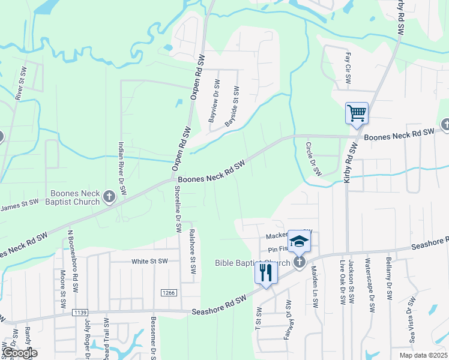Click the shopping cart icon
point(357,113)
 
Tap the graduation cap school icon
point(298,241)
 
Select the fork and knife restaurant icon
point(265,272)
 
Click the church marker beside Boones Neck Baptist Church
point(109,197)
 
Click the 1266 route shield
point(168,292)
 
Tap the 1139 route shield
point(79,313)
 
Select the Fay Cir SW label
point(348,67)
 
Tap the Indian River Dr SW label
point(122,168)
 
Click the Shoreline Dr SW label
point(178,208)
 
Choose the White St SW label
point(149,262)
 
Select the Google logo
point(19,352)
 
